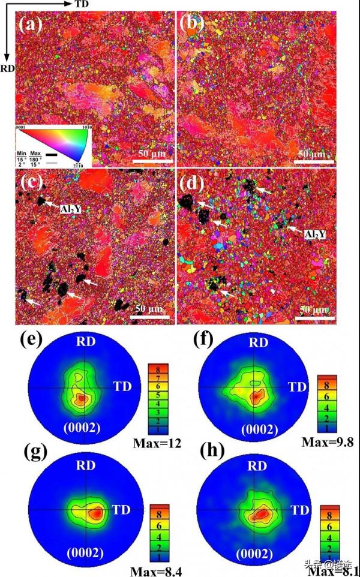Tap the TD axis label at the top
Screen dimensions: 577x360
[83, 5]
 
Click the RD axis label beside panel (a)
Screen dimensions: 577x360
[7, 68]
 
